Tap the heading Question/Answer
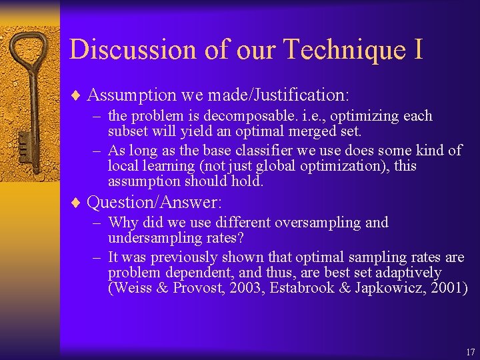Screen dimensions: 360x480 pos(154,201)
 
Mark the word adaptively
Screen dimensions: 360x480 pos(409,273)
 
